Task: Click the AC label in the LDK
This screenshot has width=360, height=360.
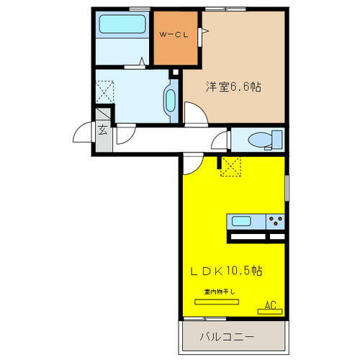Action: click(271, 305)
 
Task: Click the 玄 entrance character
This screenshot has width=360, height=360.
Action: click(104, 130)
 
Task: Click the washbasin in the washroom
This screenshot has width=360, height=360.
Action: click(171, 99)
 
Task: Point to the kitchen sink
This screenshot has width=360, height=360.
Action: click(241, 220)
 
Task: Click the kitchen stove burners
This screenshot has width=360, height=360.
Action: click(274, 220)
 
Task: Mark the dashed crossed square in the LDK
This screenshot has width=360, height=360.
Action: click(232, 166)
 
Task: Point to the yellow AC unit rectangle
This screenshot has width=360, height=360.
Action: click(270, 312)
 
